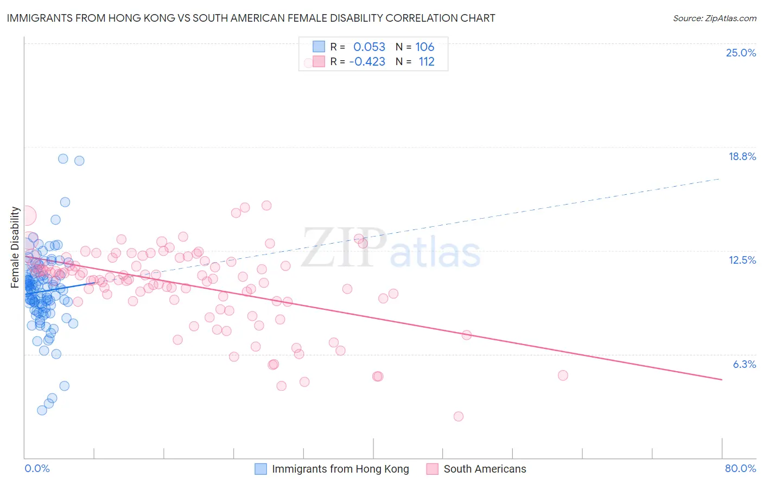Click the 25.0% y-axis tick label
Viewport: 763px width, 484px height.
click(741, 53)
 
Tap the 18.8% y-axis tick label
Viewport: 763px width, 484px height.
click(742, 156)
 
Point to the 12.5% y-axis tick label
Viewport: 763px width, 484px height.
click(742, 260)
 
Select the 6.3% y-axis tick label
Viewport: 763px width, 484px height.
click(744, 364)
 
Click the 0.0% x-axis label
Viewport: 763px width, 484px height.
click(37, 468)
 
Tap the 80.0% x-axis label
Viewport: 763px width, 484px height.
click(740, 468)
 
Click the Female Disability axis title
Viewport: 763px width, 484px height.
click(15, 247)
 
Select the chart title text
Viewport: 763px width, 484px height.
click(251, 18)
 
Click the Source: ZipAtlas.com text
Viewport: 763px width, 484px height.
click(714, 18)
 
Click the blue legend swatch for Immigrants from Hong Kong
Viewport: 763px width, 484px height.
click(261, 469)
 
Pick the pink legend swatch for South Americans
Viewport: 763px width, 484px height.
click(432, 469)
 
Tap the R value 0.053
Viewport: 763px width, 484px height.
click(369, 47)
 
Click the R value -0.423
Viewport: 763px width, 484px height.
click(367, 61)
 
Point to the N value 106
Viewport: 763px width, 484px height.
click(425, 47)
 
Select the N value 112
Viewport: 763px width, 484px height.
click(427, 61)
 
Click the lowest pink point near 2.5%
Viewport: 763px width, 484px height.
click(459, 416)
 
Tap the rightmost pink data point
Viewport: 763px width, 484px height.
click(563, 375)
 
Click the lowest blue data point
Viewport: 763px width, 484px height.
click(42, 410)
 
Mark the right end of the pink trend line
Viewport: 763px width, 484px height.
click(722, 379)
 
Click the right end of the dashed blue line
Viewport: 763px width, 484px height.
click(721, 178)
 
